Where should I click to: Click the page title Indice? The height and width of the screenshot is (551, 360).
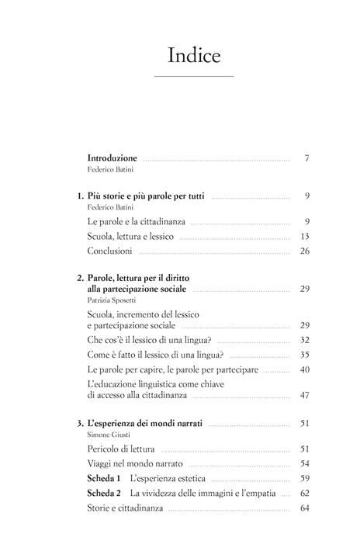[194, 56]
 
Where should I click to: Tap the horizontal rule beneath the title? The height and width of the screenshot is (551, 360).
[194, 76]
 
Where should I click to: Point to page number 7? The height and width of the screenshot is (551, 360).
[307, 158]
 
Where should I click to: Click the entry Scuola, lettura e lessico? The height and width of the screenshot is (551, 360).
[131, 237]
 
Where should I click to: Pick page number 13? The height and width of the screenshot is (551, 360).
[305, 237]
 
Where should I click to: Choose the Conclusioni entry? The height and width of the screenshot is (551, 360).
[111, 251]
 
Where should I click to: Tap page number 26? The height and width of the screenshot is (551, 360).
[304, 251]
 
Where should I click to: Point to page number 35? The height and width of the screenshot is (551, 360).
[304, 355]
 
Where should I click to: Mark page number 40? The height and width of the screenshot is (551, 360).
[304, 369]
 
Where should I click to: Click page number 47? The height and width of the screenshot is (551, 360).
[304, 396]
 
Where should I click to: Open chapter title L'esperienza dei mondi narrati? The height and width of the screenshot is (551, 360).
[145, 424]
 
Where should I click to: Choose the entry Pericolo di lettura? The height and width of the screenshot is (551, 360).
[122, 449]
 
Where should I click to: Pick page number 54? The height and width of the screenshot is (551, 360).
[304, 463]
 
